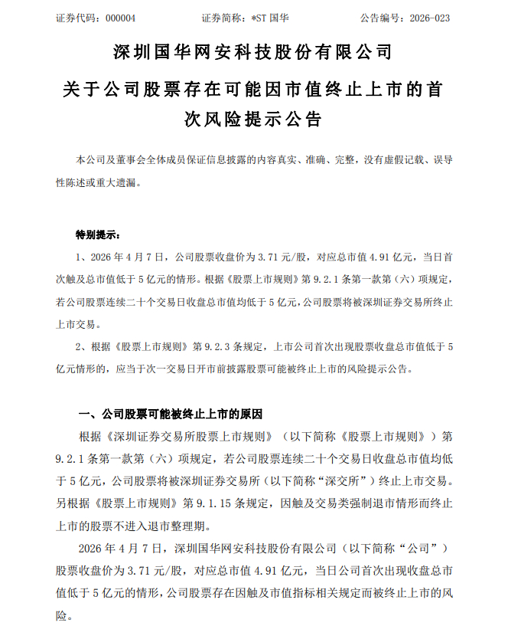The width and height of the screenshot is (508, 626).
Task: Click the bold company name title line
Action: point(253,52)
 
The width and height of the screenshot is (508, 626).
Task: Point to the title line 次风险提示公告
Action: point(253,120)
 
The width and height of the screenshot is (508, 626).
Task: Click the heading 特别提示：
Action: point(98,233)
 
